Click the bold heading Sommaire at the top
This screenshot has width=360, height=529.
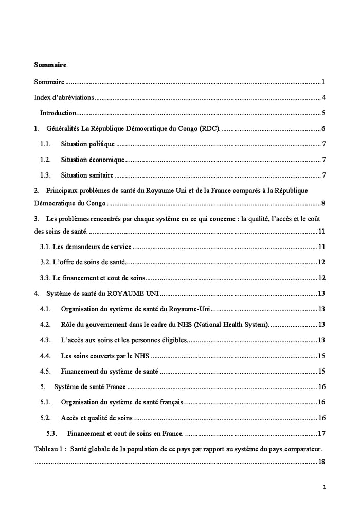click(x=50, y=65)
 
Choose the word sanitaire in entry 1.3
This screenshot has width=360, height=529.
click(x=99, y=175)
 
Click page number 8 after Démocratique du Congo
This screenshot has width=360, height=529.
click(x=323, y=203)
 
